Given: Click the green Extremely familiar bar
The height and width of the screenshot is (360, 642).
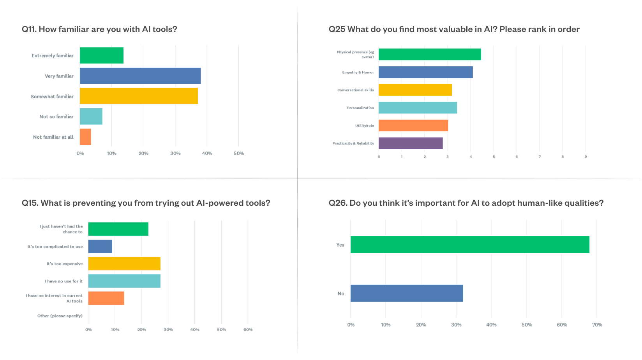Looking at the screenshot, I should tap(102, 55).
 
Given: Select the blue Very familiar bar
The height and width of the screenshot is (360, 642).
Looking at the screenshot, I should tap(140, 76).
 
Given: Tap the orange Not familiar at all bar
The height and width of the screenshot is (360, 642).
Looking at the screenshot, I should tap(85, 137).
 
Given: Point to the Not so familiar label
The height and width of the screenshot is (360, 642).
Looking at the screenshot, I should tap(56, 116).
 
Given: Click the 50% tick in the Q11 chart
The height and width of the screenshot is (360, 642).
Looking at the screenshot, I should tap(239, 154).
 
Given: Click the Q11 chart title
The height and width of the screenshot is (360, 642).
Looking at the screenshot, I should tap(99, 29).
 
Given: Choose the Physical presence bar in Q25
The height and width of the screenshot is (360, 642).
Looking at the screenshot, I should tap(430, 55).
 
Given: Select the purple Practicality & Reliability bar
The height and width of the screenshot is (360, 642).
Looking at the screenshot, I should tap(411, 143).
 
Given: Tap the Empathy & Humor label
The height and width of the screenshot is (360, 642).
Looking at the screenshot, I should tap(358, 72).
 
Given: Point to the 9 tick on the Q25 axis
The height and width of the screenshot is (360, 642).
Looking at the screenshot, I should tap(586, 157).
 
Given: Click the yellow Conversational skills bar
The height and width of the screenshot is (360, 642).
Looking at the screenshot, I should tap(415, 90).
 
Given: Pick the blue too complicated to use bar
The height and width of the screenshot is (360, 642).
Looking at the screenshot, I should tap(100, 247).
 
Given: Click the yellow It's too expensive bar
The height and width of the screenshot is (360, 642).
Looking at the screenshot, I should tap(124, 264).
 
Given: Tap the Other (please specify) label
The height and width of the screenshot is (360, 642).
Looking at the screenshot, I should tap(60, 316).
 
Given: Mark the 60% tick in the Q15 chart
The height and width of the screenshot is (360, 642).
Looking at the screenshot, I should tap(248, 330).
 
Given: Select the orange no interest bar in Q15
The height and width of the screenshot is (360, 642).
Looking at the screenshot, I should tap(106, 298).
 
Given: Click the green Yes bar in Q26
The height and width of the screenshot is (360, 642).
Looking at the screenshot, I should tap(470, 245).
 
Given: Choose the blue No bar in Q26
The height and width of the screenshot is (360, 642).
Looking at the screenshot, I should tap(407, 293).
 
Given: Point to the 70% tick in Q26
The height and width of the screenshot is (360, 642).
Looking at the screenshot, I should tap(597, 325).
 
